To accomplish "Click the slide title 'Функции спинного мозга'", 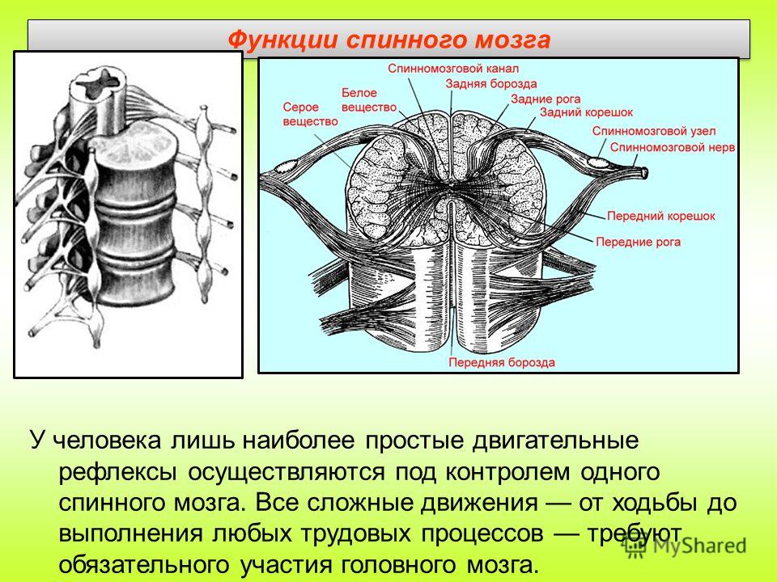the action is (389, 40).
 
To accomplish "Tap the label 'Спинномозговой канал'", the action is (453, 68).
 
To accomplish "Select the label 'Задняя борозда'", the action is (490, 83).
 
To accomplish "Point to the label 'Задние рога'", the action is (546, 99).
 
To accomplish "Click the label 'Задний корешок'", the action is (586, 112).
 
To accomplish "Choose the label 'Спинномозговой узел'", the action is (654, 131).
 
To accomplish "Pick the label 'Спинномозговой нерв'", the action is (672, 147).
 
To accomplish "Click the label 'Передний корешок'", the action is (661, 216).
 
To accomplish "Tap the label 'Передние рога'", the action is (638, 242).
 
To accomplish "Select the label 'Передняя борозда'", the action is (502, 362).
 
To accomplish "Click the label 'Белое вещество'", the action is (369, 100).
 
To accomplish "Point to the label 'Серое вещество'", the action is (310, 114).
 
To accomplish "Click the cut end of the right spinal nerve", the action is (644, 173).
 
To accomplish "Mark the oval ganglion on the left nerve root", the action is (287, 167).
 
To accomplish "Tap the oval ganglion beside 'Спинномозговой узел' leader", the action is (597, 162).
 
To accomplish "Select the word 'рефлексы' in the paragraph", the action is (118, 472).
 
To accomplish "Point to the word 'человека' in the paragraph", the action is (107, 441).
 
